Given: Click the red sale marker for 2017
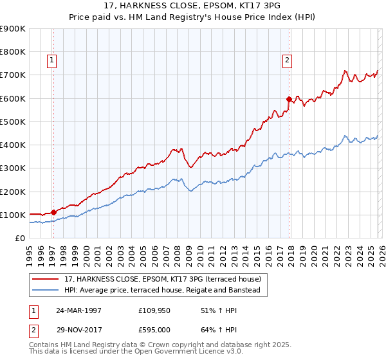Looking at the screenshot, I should tap(289, 99).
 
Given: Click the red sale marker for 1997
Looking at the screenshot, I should tap(54, 212).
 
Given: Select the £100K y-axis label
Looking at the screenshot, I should tap(13, 215).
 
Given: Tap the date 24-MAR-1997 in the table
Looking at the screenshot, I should tap(80, 310).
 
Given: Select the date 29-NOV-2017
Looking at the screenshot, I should tap(80, 332).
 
